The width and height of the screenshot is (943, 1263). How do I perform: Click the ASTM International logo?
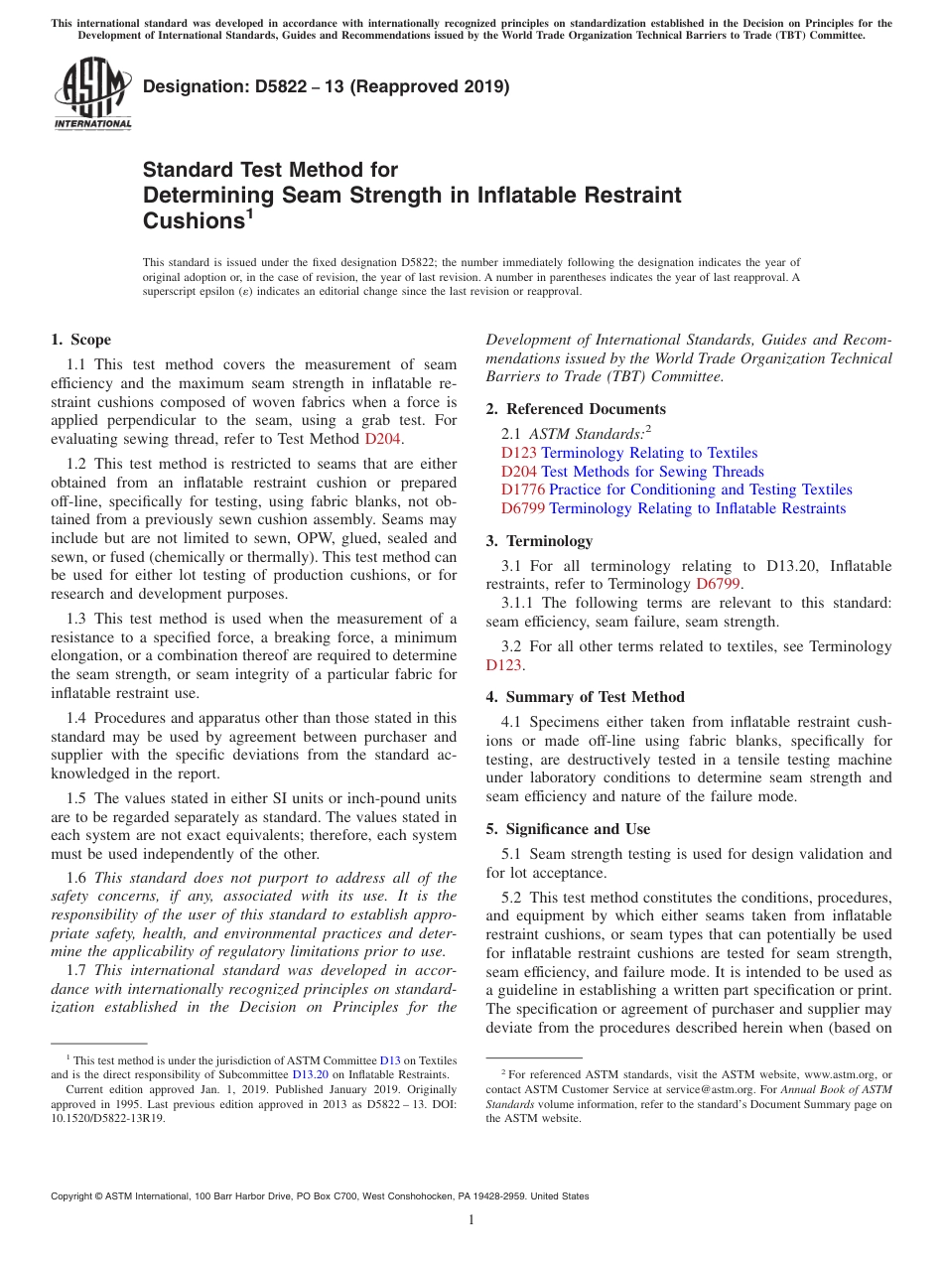92,93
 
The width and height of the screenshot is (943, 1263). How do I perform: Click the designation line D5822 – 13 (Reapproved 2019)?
327,86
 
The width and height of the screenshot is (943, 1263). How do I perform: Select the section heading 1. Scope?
81,340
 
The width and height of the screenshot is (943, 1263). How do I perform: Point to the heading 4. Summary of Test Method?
585,697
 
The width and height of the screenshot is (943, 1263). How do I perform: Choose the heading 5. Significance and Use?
568,829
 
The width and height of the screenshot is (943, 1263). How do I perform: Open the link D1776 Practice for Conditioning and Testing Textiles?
676,490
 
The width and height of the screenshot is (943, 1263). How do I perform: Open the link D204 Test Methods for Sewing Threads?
632,472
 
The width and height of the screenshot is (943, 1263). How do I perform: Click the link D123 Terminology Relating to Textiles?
628,453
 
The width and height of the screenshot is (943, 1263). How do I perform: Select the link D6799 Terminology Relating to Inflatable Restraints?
673,508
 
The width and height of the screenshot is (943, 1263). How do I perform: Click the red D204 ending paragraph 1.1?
382,439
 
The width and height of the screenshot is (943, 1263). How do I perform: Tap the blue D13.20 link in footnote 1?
310,1073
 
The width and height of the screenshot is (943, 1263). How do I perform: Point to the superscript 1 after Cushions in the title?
249,212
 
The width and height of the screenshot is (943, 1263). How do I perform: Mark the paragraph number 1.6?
76,877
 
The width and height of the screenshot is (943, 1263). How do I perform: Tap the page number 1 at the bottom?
471,1220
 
